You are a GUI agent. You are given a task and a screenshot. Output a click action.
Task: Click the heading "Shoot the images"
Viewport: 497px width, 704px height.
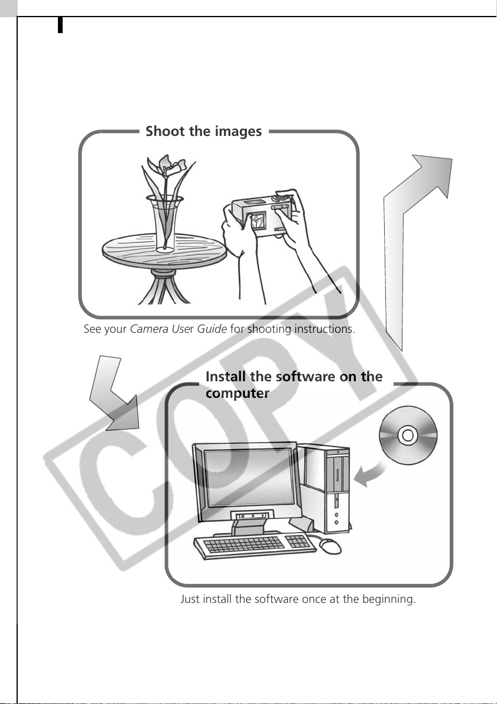[203, 131]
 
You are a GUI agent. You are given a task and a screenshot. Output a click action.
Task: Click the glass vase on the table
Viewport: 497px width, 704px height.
[165, 223]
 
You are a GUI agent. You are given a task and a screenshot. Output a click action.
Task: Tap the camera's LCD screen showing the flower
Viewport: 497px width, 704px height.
[258, 222]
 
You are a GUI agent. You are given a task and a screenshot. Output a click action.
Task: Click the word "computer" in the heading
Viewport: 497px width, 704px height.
[238, 393]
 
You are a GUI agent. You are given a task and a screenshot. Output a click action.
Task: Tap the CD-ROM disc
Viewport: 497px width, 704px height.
[408, 435]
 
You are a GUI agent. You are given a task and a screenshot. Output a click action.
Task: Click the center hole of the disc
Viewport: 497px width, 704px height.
[408, 435]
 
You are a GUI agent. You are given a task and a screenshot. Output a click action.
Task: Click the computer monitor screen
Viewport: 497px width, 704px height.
[249, 477]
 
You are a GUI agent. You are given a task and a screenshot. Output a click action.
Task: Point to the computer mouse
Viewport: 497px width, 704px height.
[330, 546]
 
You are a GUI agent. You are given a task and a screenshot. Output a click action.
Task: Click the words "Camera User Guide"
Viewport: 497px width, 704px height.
[178, 329]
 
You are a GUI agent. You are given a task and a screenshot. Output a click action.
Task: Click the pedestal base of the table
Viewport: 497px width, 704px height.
[165, 287]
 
